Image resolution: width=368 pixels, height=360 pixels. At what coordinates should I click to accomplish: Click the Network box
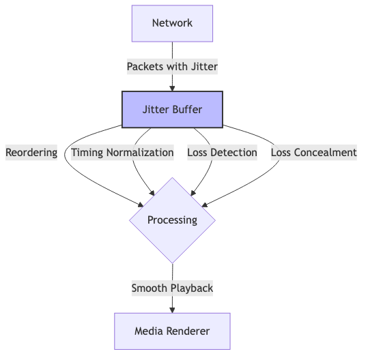(x=172, y=23)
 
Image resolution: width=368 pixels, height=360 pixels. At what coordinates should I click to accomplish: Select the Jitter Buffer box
(x=172, y=110)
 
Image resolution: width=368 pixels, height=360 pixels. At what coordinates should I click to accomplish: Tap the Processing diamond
(x=172, y=220)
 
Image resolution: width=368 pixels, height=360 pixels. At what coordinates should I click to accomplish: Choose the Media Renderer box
(x=172, y=331)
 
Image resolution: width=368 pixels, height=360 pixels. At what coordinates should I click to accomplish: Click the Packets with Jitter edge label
(x=172, y=67)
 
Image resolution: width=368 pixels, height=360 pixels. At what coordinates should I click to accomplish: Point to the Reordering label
(x=31, y=153)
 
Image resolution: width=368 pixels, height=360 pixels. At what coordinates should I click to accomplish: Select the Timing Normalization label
(x=122, y=153)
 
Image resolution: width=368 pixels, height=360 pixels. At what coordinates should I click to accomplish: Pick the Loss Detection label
(x=222, y=153)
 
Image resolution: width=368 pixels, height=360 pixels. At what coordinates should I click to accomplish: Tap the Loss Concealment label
(x=314, y=153)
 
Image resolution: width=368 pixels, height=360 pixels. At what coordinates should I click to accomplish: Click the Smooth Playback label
(x=172, y=288)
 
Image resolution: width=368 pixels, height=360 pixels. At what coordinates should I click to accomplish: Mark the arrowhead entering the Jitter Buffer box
(x=172, y=89)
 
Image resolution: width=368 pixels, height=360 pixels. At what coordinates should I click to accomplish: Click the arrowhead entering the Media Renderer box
(x=172, y=310)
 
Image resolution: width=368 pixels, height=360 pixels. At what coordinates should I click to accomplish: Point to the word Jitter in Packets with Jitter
(x=204, y=67)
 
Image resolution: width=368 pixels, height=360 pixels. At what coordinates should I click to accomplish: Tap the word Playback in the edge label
(x=192, y=288)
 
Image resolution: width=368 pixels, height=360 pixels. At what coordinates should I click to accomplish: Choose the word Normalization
(x=140, y=153)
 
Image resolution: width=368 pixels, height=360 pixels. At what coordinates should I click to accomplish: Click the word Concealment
(x=325, y=153)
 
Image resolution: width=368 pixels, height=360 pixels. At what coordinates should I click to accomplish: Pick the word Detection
(x=233, y=153)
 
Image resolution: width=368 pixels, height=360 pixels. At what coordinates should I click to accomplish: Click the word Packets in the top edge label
(x=145, y=67)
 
